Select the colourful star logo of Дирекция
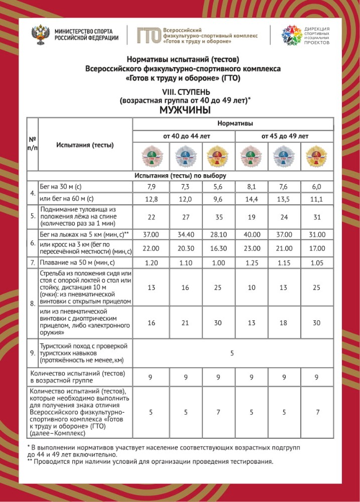point(291,35)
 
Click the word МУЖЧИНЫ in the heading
point(185,110)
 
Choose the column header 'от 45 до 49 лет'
point(284,136)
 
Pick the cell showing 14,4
point(251,199)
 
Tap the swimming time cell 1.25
point(251,263)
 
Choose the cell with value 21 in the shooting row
point(184,323)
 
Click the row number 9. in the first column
point(32,353)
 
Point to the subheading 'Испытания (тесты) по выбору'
point(180,176)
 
